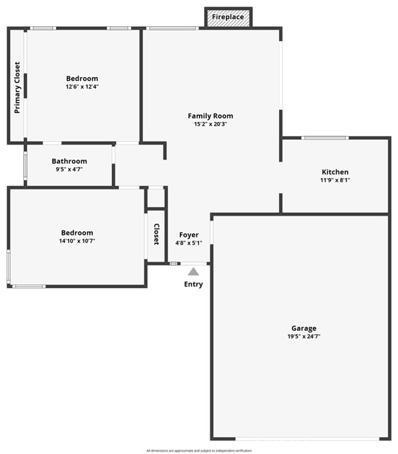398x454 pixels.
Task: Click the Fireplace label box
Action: coord(228,16)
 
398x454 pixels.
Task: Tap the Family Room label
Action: coord(210,116)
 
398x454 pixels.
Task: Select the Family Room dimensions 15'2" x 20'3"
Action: coord(210,124)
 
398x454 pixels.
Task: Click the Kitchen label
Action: coord(335,172)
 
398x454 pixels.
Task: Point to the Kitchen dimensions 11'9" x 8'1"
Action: coord(335,180)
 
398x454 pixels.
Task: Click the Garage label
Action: coord(304,328)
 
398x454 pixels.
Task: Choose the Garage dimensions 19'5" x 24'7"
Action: coord(304,336)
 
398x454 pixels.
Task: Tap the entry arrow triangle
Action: coord(193,271)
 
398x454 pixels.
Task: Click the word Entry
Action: coord(193,284)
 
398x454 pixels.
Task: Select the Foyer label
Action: coord(188,235)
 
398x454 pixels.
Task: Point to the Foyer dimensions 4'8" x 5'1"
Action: coord(188,243)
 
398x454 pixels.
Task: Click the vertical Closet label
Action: coord(157,236)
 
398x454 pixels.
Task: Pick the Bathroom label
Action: coord(69,161)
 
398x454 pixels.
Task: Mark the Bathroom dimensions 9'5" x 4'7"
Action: coord(69,170)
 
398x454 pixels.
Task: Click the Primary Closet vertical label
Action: coord(17,87)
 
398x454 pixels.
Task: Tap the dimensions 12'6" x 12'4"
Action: coord(82,87)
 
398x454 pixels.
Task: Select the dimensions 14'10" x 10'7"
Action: coord(76,241)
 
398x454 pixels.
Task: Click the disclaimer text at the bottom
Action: coord(199,450)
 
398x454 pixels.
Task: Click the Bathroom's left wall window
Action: coord(25,166)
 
